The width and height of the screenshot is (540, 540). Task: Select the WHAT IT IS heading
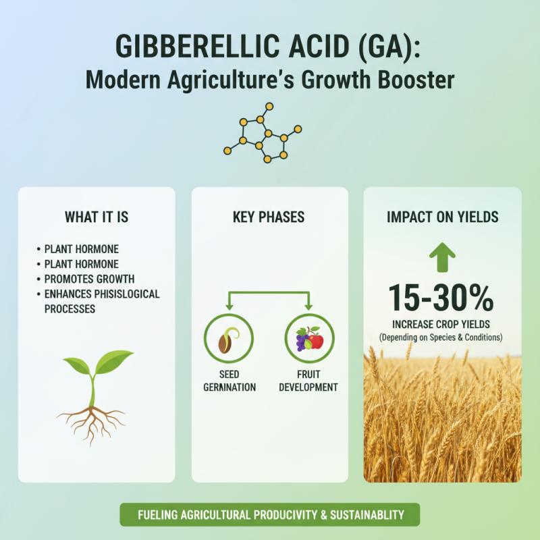(x=97, y=217)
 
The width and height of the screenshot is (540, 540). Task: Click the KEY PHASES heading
(x=269, y=217)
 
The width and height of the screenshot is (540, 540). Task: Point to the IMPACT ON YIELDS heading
(x=442, y=217)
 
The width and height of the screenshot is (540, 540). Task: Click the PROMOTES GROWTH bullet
(x=89, y=279)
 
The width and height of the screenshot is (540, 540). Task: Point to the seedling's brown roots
(x=90, y=418)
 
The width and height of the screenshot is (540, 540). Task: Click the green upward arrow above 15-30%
(x=442, y=254)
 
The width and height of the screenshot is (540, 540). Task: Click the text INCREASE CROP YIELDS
(x=442, y=324)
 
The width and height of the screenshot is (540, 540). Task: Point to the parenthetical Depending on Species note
(x=442, y=337)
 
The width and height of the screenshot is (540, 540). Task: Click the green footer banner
(x=269, y=515)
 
